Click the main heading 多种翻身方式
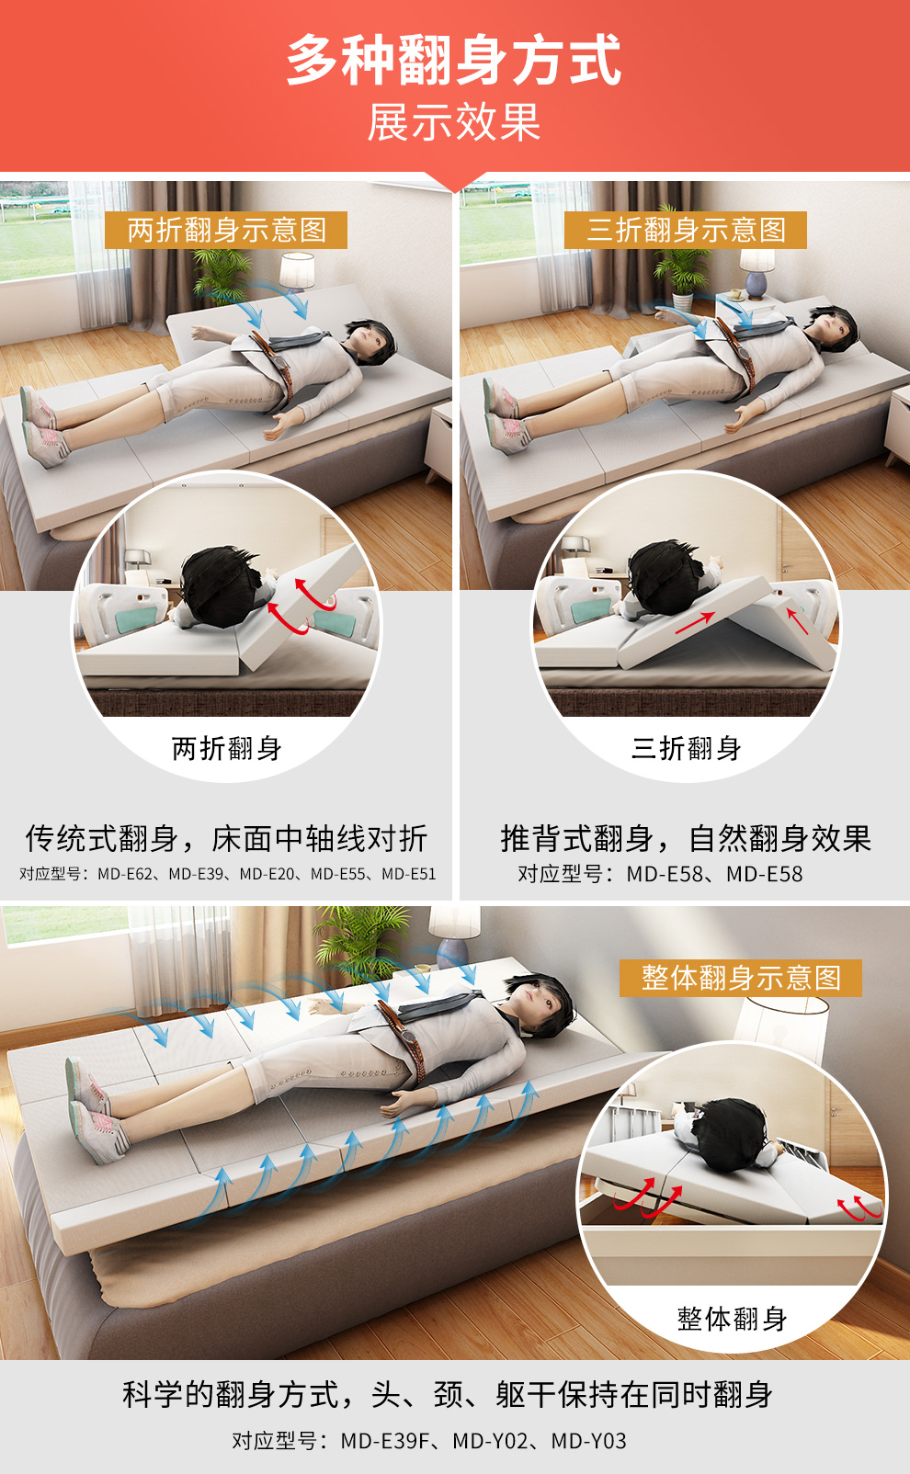pos(454,60)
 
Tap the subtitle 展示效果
pos(454,122)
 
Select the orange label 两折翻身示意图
pos(226,231)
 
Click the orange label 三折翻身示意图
pos(686,231)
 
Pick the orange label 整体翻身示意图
pos(741,978)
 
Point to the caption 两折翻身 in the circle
pos(226,748)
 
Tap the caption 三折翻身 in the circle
pos(686,748)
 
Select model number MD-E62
pos(125,874)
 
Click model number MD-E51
pos(409,874)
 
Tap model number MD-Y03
pos(589,1441)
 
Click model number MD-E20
pos(267,874)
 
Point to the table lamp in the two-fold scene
pos(297,272)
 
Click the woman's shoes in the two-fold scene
pos(42,426)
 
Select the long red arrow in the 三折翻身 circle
pos(695,624)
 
